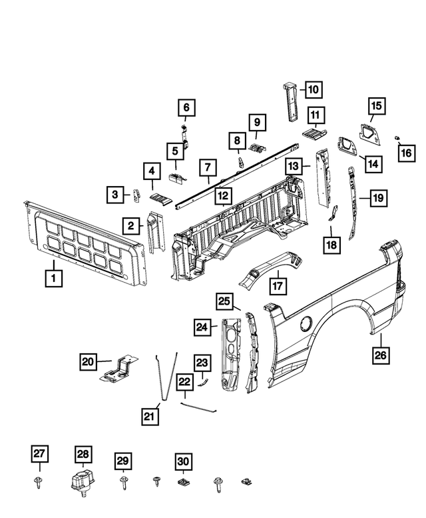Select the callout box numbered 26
(380, 355)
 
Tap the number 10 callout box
(312, 88)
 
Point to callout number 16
(405, 155)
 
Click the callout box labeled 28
(82, 455)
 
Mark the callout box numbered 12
(223, 196)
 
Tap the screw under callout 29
(123, 480)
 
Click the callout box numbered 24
(203, 327)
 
